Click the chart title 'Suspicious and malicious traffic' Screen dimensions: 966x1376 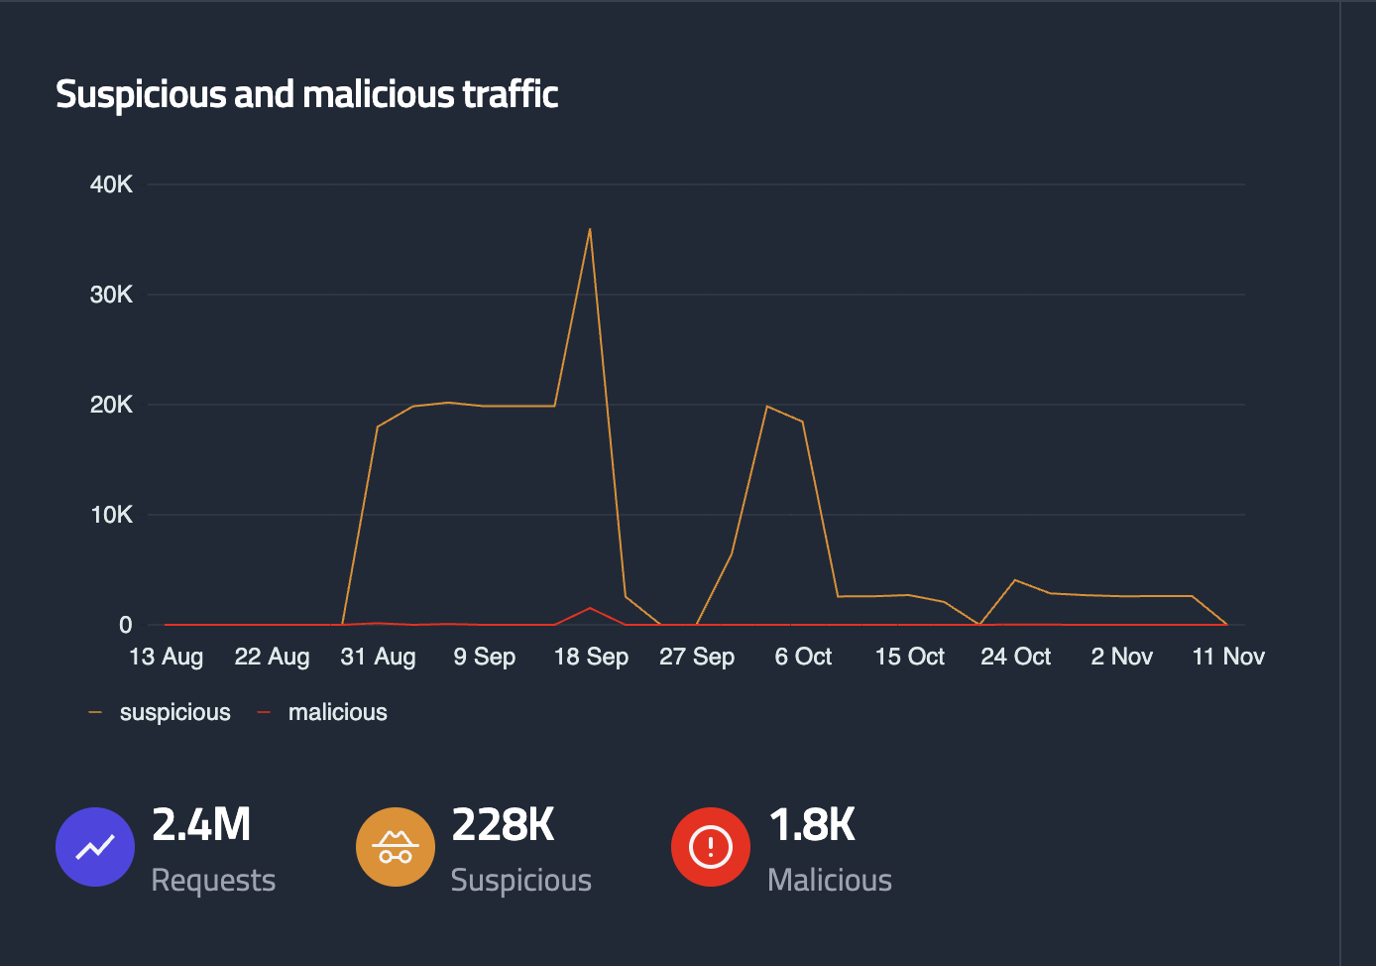click(x=306, y=94)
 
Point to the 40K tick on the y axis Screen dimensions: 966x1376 click(x=111, y=184)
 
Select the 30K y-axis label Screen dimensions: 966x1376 click(x=111, y=295)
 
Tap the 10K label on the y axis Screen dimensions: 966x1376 click(x=111, y=515)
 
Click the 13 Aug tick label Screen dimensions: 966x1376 click(x=166, y=657)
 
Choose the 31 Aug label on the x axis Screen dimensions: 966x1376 click(x=378, y=657)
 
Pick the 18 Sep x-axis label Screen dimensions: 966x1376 click(x=591, y=657)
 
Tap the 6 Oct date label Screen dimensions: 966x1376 click(x=803, y=657)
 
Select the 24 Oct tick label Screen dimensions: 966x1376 click(x=1015, y=657)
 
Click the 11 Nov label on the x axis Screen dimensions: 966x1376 click(x=1228, y=657)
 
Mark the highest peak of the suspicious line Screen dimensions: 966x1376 click(x=590, y=230)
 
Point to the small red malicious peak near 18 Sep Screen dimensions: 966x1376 click(x=590, y=608)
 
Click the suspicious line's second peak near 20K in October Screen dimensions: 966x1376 click(x=767, y=406)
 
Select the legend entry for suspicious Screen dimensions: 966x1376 click(x=174, y=712)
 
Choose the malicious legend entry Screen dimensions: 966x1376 click(x=337, y=712)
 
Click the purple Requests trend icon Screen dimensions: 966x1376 click(x=95, y=847)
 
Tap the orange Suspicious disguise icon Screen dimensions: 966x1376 click(x=396, y=847)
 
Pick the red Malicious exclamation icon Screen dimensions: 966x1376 click(x=711, y=847)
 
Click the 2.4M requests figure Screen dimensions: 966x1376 click(x=201, y=825)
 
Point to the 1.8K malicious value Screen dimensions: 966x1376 click(x=812, y=825)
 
